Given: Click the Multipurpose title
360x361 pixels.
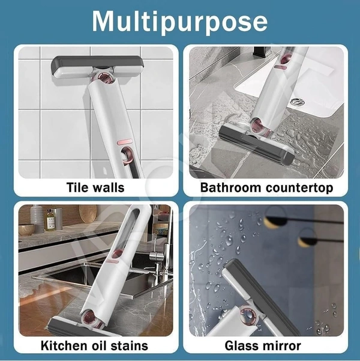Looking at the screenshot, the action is pyautogui.click(x=180, y=22).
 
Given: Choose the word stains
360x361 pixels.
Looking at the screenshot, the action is pyautogui.click(x=130, y=345).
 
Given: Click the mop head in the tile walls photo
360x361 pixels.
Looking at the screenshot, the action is pyautogui.click(x=97, y=67).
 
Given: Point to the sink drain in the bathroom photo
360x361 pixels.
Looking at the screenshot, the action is pyautogui.click(x=297, y=102).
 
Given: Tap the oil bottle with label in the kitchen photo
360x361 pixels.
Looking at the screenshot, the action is pyautogui.click(x=50, y=220).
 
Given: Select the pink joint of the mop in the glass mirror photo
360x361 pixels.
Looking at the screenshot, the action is pyautogui.click(x=248, y=314).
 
